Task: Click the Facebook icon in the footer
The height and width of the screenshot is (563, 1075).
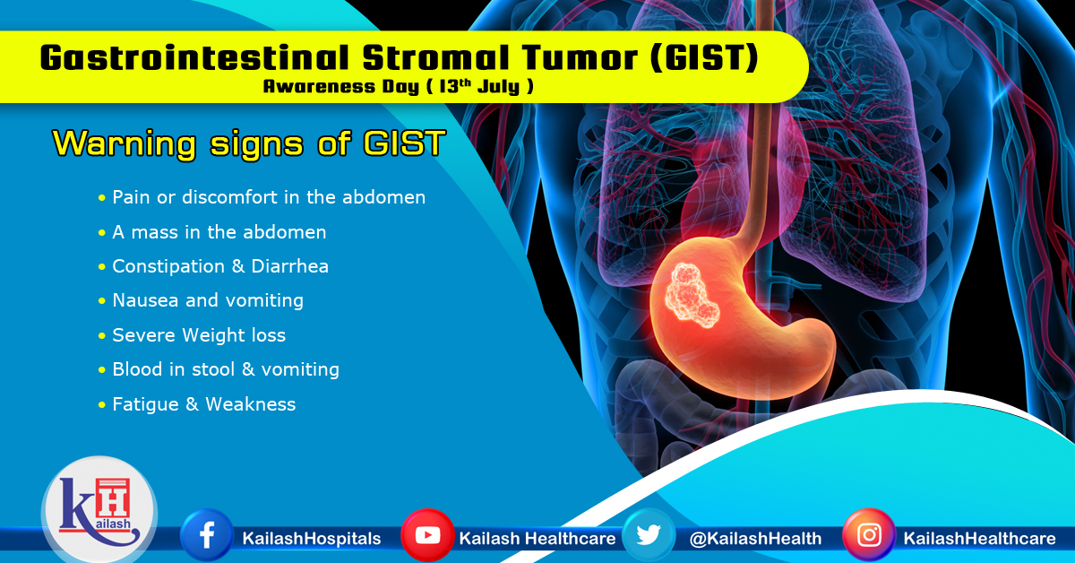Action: coord(207,536)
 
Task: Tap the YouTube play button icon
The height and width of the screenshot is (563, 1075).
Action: coord(427,536)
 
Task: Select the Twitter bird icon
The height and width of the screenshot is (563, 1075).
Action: coord(649,536)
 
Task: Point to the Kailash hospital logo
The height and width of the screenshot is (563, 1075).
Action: coord(99,511)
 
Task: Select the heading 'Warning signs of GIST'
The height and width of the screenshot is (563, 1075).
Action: coord(248,143)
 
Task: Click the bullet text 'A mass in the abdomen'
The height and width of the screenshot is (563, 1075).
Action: coord(219,232)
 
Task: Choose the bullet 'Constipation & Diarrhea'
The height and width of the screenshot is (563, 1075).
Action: coord(220,266)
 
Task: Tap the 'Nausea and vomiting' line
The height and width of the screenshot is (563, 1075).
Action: coord(207,300)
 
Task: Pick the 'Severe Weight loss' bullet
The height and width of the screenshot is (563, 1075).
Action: coord(199,335)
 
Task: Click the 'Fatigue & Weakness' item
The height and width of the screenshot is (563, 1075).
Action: coord(203,404)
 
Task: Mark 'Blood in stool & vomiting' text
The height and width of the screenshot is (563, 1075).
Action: coord(225,369)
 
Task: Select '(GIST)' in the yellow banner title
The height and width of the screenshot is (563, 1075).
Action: coord(712,58)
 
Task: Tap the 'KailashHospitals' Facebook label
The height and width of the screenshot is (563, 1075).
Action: coord(312,539)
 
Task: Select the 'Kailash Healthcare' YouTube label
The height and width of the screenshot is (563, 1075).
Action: coord(537,539)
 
